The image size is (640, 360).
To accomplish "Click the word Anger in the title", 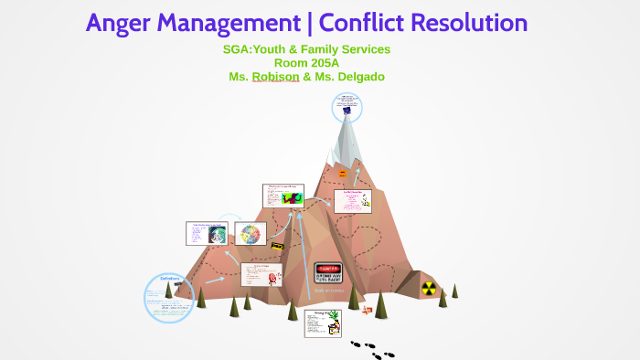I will click(x=121, y=23).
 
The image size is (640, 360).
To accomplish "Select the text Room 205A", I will click(x=306, y=63).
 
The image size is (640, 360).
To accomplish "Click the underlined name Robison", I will click(x=275, y=77).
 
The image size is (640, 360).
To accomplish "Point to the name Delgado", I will click(x=357, y=77).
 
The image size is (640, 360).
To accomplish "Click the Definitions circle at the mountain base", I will click(x=170, y=297).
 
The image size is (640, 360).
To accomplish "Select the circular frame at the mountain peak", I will click(x=346, y=108).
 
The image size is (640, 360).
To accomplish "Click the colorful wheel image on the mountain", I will click(x=251, y=235).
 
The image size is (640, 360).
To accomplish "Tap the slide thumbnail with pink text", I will click(x=352, y=200).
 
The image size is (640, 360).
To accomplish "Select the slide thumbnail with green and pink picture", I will click(x=283, y=195).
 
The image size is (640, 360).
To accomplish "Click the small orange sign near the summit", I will click(x=342, y=173).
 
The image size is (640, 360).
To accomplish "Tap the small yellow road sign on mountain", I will click(x=276, y=246).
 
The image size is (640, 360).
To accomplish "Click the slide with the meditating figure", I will click(x=207, y=233).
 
